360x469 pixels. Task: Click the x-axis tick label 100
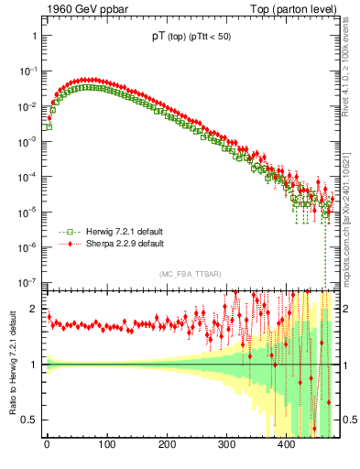click(x=106, y=445)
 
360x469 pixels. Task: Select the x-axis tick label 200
click(x=167, y=445)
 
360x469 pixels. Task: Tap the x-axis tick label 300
click(x=226, y=445)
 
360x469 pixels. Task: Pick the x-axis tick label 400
click(x=286, y=445)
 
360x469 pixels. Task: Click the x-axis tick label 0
click(x=47, y=445)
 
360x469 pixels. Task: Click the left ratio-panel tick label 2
click(x=34, y=309)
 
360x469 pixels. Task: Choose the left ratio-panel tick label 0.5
click(x=29, y=420)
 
